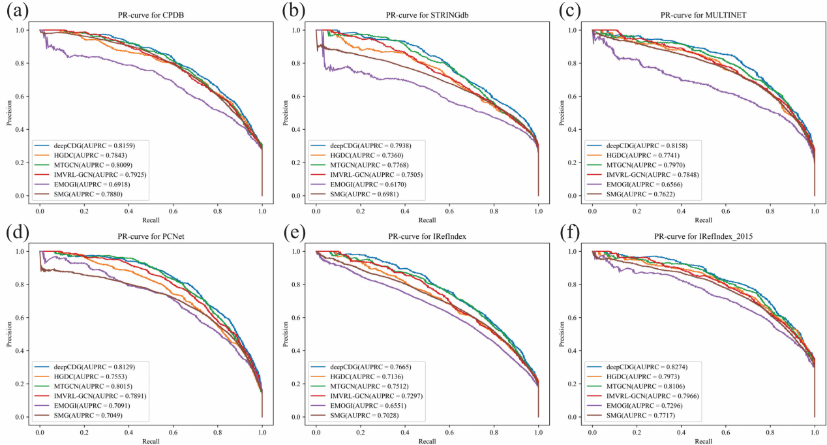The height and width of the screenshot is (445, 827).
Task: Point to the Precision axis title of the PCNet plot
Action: (x=10, y=333)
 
